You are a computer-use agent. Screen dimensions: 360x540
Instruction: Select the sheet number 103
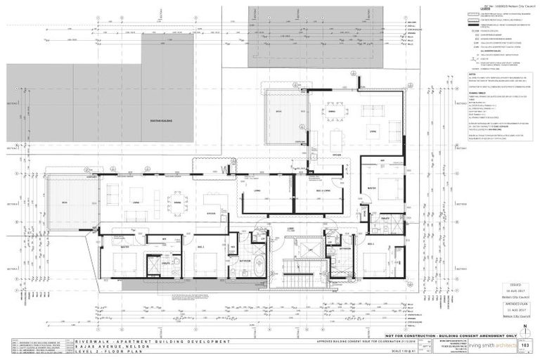(x=524, y=346)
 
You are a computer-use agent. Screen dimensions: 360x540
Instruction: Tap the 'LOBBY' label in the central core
(x=289, y=229)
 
